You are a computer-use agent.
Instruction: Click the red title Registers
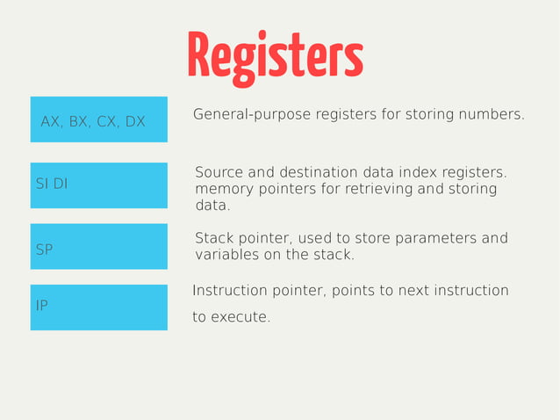click(x=275, y=56)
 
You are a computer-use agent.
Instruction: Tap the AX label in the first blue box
click(x=51, y=121)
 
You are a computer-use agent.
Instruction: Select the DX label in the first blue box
click(x=134, y=121)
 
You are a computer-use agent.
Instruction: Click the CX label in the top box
click(x=107, y=121)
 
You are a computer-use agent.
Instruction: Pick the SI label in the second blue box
click(x=41, y=184)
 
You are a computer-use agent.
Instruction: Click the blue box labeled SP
click(x=98, y=246)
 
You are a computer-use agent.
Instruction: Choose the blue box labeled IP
click(x=98, y=307)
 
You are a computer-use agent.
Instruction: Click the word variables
click(x=226, y=255)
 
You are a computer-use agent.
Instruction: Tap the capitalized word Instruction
click(x=230, y=291)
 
